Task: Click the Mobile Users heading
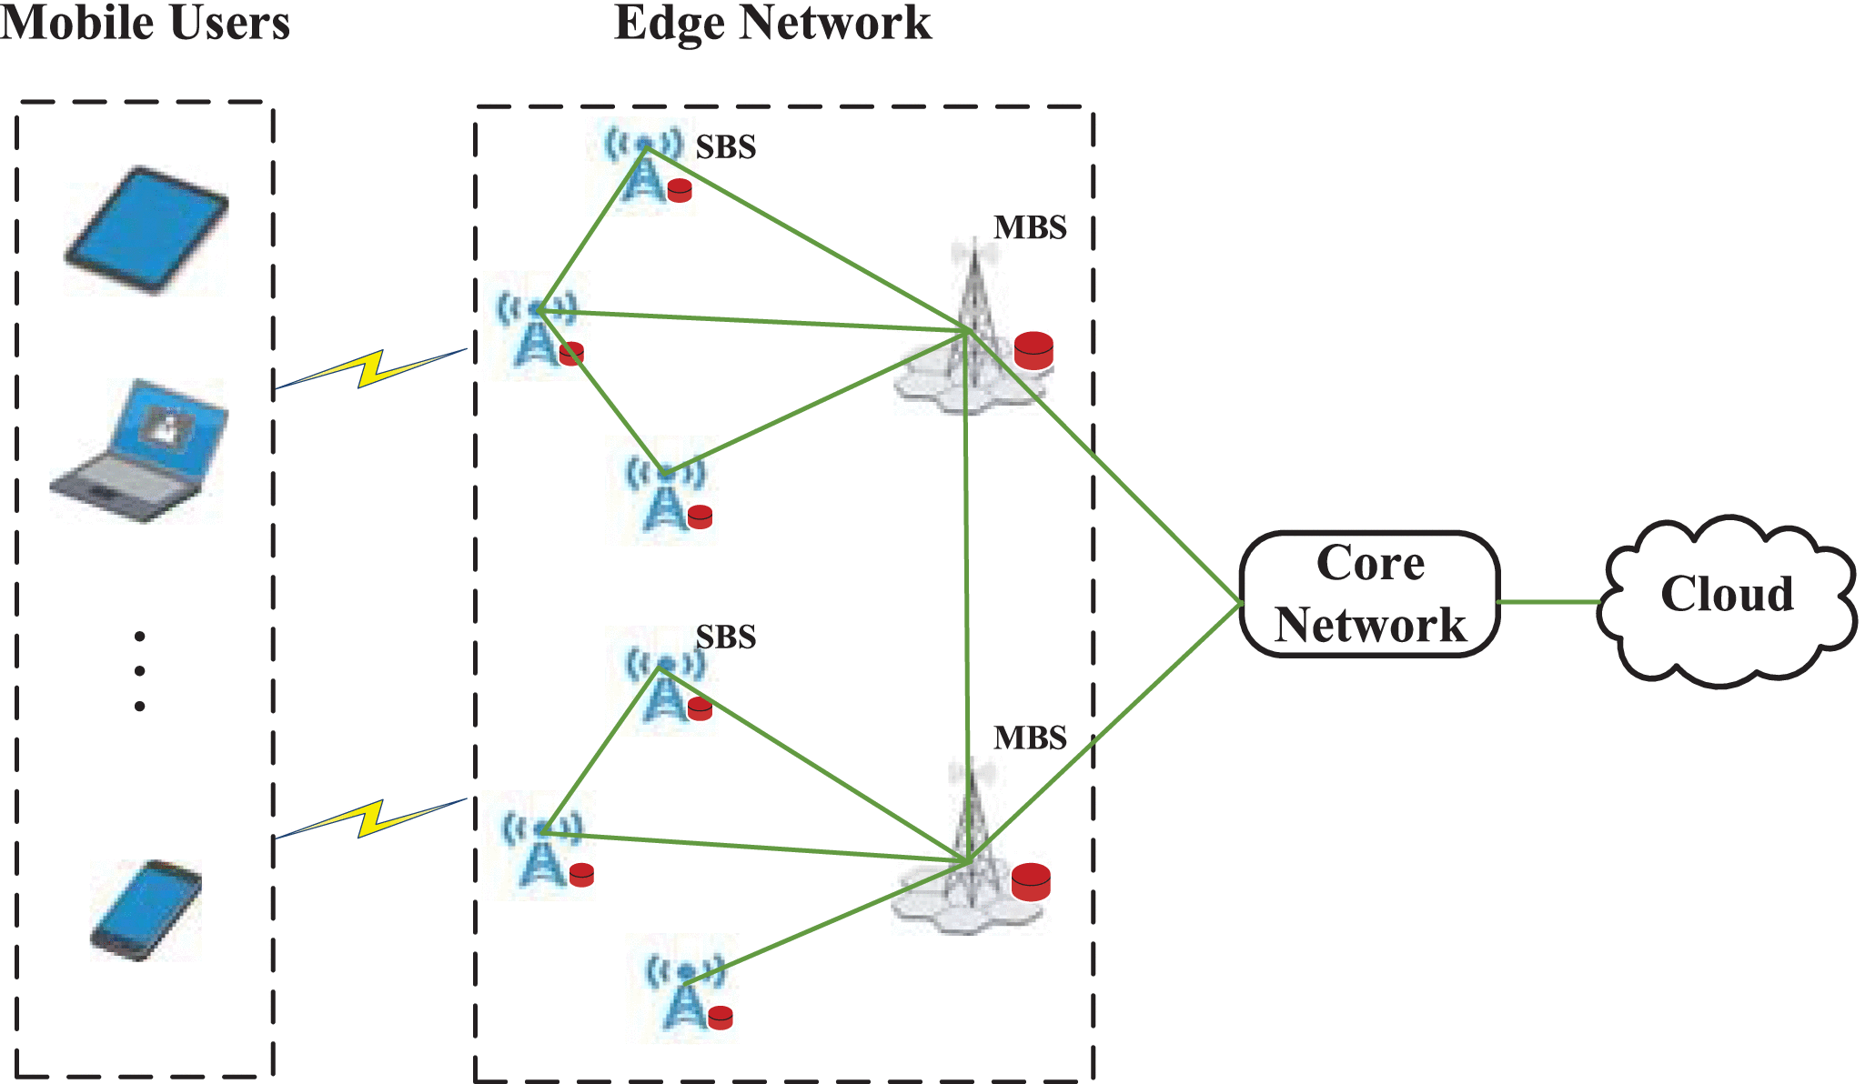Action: [146, 23]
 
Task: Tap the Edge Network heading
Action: [772, 23]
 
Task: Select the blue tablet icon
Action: [146, 229]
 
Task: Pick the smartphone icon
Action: [146, 910]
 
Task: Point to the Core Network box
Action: [1369, 594]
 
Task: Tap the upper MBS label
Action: [1030, 227]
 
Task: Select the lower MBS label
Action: [1030, 738]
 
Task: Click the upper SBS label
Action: [726, 147]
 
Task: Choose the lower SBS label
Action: [726, 637]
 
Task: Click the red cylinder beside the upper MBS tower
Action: [1033, 351]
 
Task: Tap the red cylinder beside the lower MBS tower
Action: [1031, 882]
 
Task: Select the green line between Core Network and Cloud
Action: [1548, 602]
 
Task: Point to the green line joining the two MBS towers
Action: [967, 591]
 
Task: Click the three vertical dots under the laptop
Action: [139, 671]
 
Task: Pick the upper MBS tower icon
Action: [971, 327]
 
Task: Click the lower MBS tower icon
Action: [968, 850]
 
